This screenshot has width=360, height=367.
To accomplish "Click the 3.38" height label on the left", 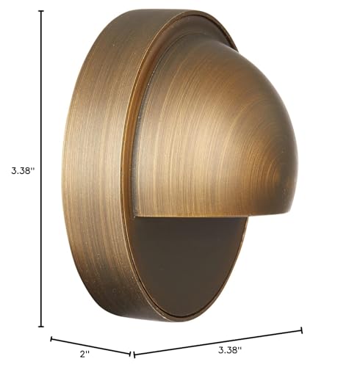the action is pos(22,171).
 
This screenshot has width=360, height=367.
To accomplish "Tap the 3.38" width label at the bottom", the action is pos(230,350).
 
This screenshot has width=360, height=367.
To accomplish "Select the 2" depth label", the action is pos(84,354).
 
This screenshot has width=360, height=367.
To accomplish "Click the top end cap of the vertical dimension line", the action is pos(41,11).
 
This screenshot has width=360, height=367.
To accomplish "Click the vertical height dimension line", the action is pos(41,168).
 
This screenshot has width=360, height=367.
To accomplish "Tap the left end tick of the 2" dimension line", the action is pos(51,339).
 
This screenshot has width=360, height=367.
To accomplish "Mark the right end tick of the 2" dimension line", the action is pos(130,354).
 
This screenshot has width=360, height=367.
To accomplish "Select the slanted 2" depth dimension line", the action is pos(90,346).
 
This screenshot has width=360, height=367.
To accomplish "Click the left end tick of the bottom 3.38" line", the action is pos(134,355).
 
